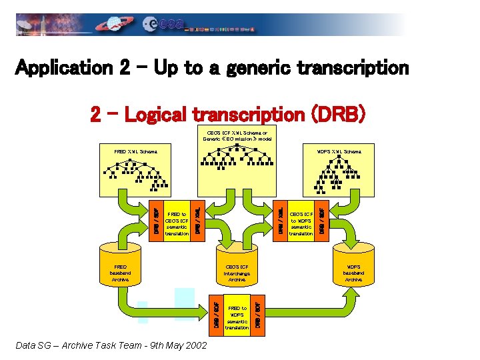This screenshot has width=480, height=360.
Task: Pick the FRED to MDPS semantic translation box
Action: click(237, 313)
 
